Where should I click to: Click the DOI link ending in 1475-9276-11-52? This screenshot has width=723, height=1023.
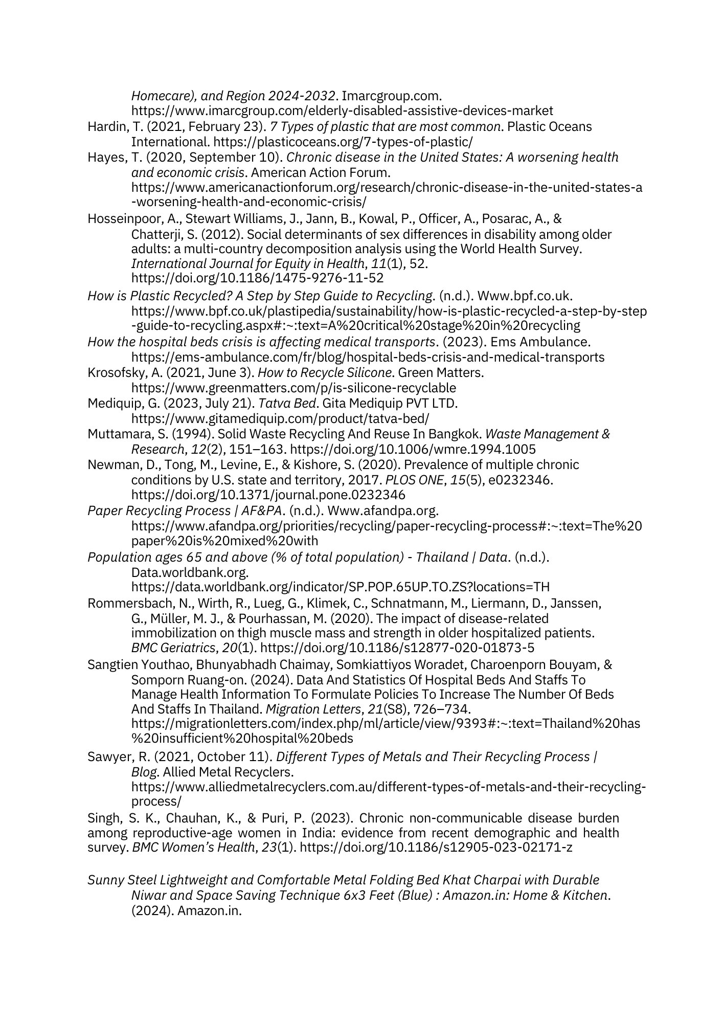257,278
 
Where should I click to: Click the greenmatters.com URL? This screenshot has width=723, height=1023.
293,388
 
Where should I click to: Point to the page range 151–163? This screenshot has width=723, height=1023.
257,450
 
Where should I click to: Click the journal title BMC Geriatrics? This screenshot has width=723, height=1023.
173,648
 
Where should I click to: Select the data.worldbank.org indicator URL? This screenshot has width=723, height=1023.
340,587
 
